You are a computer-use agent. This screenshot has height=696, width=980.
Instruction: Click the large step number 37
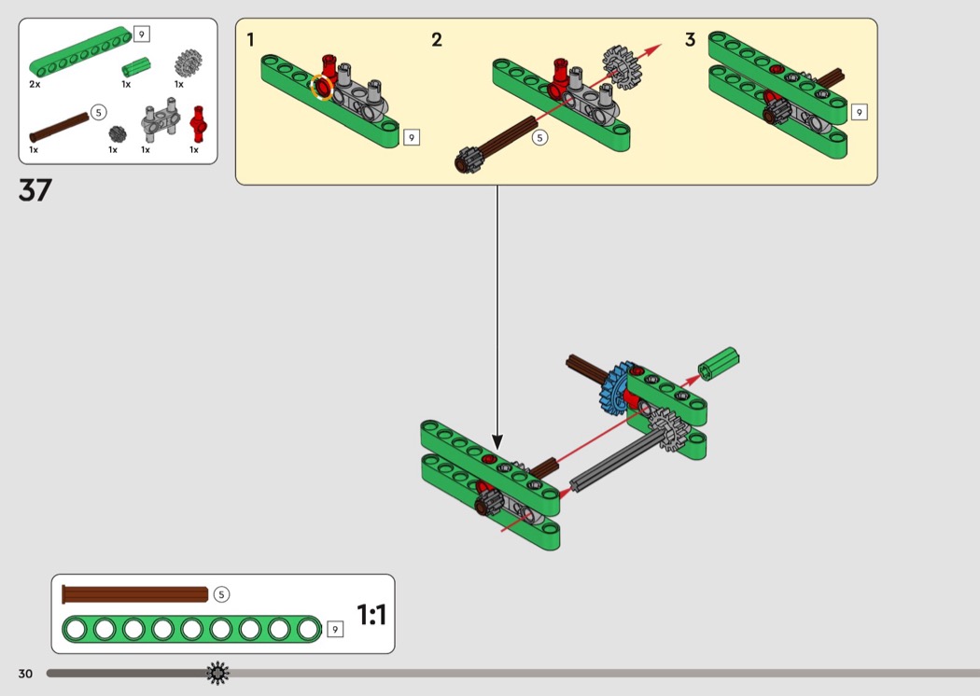pyautogui.click(x=35, y=190)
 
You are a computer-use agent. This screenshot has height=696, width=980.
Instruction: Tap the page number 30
pyautogui.click(x=25, y=674)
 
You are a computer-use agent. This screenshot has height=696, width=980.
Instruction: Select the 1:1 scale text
pyautogui.click(x=371, y=615)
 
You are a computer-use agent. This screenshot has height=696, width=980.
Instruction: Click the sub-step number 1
pyautogui.click(x=250, y=40)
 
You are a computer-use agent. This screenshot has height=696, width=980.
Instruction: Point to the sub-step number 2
pyautogui.click(x=437, y=40)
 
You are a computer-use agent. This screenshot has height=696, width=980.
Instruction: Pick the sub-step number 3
pyautogui.click(x=690, y=40)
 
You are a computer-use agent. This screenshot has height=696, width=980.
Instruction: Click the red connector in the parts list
pyautogui.click(x=197, y=121)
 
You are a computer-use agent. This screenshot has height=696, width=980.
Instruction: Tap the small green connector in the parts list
pyautogui.click(x=135, y=68)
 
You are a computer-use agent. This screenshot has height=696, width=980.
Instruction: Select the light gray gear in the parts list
pyautogui.click(x=189, y=63)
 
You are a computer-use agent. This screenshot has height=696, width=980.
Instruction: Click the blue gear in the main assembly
pyautogui.click(x=615, y=388)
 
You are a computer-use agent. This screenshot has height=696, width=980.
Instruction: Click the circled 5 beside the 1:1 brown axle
pyautogui.click(x=221, y=594)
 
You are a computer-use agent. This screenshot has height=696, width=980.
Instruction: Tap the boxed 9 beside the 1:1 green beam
pyautogui.click(x=335, y=630)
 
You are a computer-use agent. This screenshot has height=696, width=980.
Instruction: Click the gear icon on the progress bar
pyautogui.click(x=217, y=673)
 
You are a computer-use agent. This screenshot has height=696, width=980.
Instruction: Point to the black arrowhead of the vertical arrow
pyautogui.click(x=497, y=441)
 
